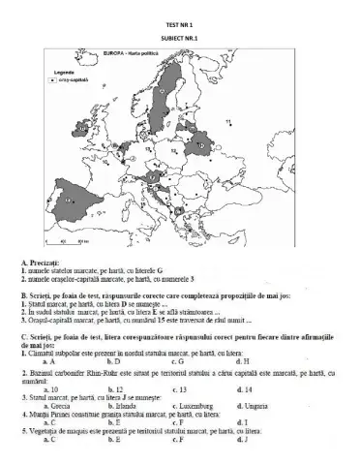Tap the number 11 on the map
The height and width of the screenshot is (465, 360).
(x=229, y=120)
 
